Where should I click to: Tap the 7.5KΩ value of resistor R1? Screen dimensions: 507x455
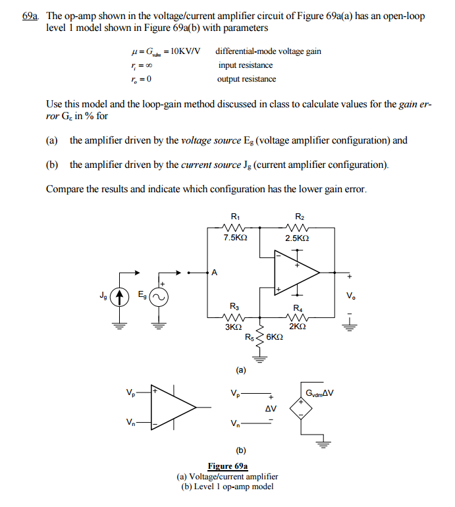coord(236,238)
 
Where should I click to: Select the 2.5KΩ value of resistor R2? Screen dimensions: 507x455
coord(298,238)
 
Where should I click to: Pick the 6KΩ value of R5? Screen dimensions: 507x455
coord(275,337)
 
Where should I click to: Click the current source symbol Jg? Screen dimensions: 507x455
coord(119,298)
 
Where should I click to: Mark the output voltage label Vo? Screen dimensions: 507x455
coord(350,297)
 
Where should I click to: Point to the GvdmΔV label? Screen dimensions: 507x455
coord(320,394)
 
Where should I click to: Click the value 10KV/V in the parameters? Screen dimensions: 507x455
coord(184,51)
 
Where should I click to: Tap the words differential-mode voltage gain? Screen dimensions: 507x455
coord(268,51)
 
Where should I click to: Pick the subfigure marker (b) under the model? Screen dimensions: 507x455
coord(241,451)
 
